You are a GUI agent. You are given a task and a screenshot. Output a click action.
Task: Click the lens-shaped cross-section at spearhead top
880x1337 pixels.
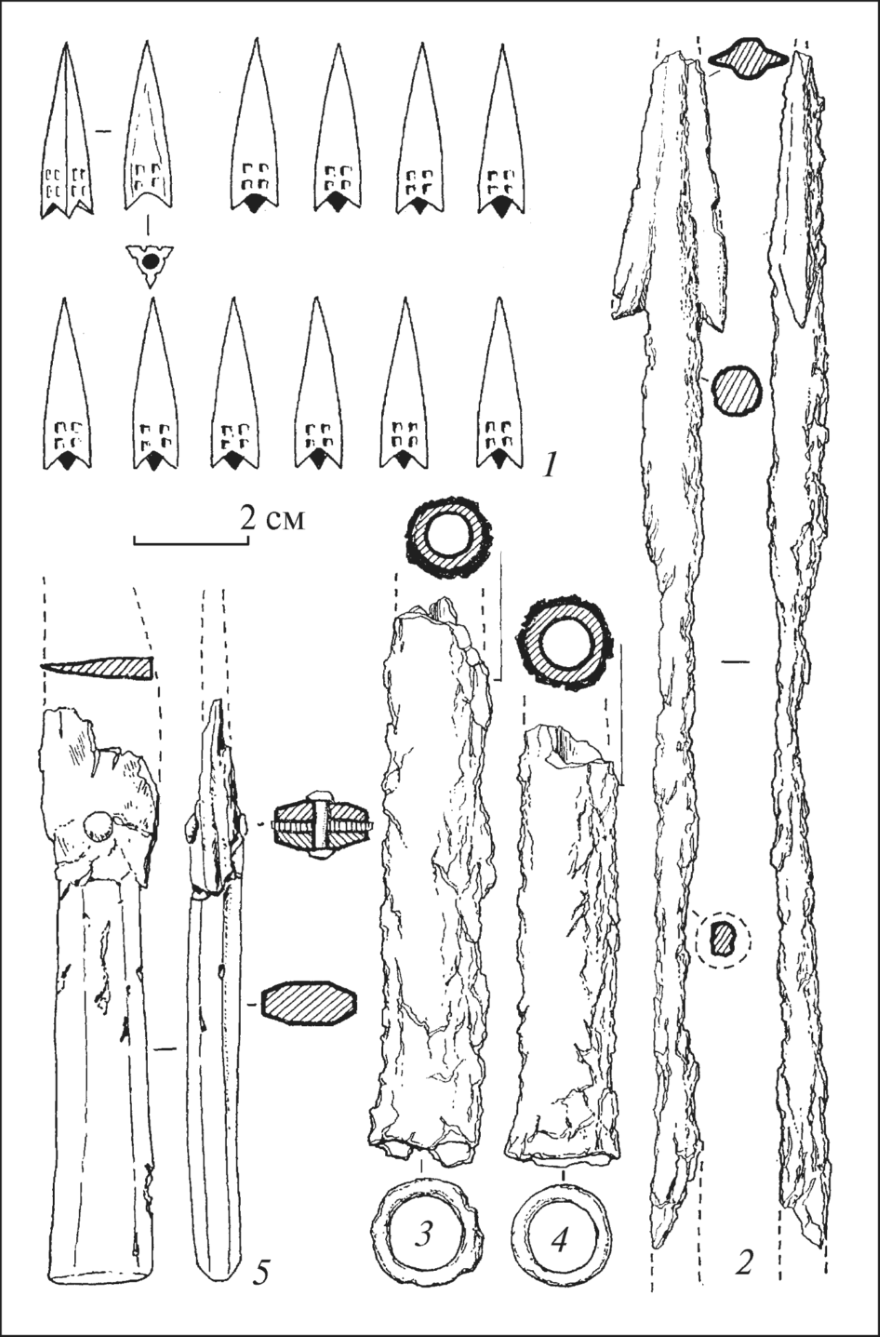[748, 61]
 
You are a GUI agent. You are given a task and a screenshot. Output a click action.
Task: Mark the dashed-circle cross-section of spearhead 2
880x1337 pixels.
[723, 941]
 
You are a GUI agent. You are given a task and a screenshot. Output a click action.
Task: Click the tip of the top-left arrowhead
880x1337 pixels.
[66, 43]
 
